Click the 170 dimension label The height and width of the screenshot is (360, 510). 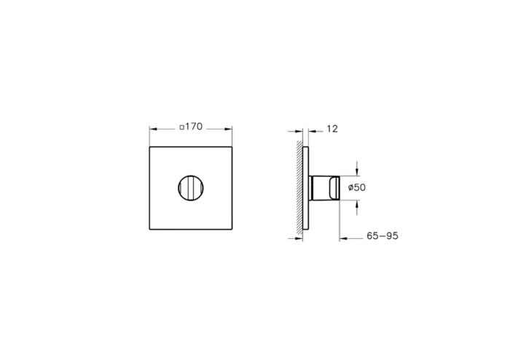point(193,128)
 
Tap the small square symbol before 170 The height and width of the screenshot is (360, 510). point(181,128)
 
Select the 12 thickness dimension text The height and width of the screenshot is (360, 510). point(332,129)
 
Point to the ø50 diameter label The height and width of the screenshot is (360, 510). point(356,187)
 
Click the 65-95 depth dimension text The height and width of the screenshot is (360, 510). point(382,236)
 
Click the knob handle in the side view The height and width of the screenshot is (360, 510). point(325,187)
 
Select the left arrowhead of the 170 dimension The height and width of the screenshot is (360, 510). point(153,129)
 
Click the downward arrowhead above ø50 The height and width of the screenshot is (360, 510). point(356,172)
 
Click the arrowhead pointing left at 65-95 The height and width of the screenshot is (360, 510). point(345,236)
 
